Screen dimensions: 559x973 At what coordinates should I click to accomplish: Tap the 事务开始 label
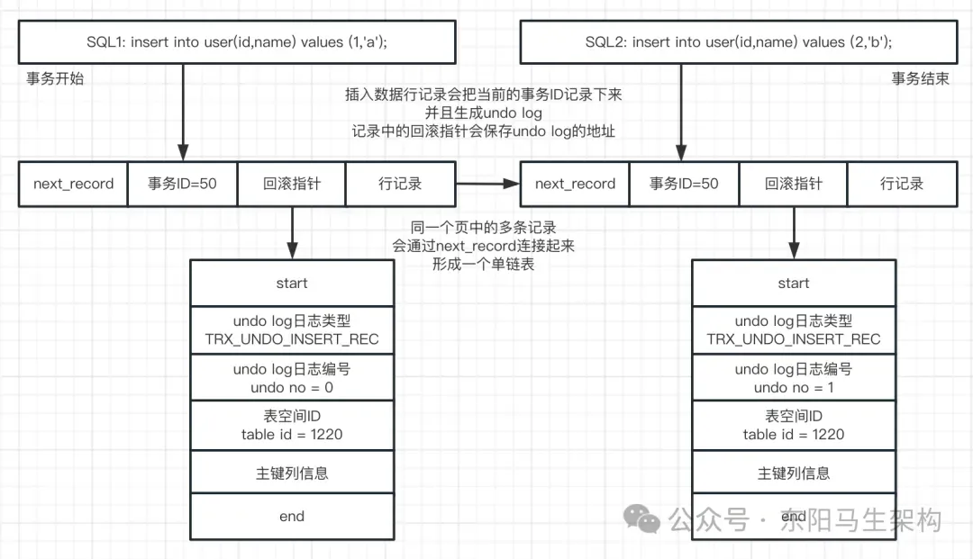pos(55,78)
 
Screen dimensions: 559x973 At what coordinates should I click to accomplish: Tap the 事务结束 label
pos(920,78)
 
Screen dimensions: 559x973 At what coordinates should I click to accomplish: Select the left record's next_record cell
pos(73,184)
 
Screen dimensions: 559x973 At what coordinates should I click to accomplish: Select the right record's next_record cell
pos(575,184)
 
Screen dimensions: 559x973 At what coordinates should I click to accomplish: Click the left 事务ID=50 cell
pos(182,184)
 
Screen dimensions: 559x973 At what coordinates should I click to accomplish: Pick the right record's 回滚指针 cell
pos(793,184)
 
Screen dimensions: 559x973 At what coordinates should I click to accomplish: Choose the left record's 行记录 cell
pos(400,184)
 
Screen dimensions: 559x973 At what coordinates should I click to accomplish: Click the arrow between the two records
pos(487,184)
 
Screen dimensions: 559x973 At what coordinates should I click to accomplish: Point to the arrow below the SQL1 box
pos(183,113)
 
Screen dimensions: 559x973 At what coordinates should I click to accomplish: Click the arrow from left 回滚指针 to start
pos(292,232)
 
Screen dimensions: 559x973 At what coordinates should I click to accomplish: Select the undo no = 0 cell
pos(292,378)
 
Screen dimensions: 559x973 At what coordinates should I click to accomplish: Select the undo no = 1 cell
pos(794,378)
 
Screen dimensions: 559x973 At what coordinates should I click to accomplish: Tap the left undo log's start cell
pos(292,283)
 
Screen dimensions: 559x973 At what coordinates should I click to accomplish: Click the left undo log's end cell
pos(292,517)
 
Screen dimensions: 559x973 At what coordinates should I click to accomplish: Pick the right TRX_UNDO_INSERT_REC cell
pos(794,329)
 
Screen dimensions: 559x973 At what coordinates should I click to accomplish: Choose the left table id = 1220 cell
pos(292,425)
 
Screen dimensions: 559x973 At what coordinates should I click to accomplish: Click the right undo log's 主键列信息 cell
pos(794,473)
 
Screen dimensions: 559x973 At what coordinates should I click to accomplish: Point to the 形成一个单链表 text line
pos(483,265)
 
